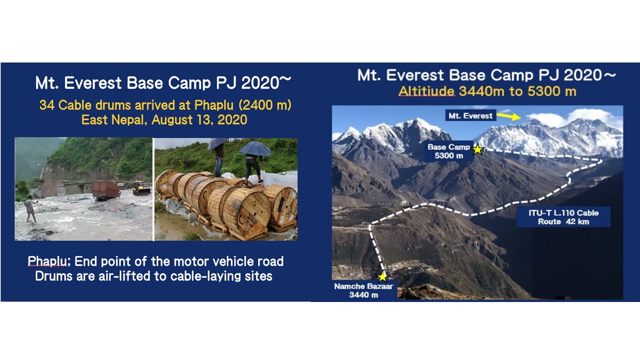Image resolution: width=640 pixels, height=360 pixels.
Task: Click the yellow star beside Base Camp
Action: tap(477, 149)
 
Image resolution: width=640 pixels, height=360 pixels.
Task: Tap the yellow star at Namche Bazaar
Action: tap(382, 276)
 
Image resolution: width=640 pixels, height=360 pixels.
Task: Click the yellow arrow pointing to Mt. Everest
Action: tap(509, 116)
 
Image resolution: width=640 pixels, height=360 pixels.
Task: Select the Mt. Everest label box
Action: tap(470, 115)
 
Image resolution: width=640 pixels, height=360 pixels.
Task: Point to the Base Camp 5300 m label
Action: tap(448, 151)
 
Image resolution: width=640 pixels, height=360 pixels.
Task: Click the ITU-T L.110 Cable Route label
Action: tap(563, 217)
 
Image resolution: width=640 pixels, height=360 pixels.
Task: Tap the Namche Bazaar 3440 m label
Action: tap(363, 290)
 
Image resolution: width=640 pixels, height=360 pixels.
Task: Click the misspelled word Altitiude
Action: tap(426, 91)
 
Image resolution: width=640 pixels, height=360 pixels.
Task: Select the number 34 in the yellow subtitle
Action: tap(47, 105)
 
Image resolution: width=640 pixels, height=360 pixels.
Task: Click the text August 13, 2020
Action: tap(199, 119)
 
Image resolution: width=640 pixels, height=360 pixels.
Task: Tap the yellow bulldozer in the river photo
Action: tap(141, 188)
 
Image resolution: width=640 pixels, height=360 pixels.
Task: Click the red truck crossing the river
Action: tap(106, 190)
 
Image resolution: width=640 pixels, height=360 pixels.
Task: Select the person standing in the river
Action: tap(30, 209)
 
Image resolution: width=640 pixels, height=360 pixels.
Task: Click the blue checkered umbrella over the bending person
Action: tap(255, 148)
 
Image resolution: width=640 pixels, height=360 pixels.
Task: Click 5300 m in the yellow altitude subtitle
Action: tap(551, 91)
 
